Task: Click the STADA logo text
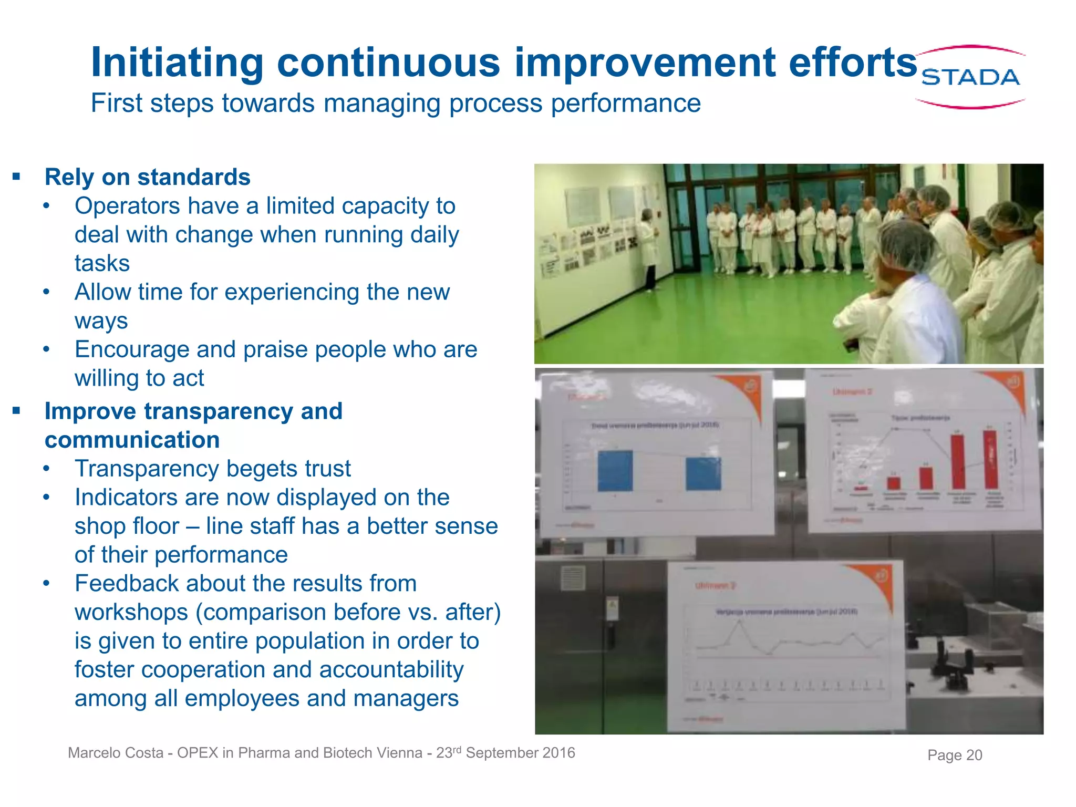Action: (x=970, y=78)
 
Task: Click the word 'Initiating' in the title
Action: (x=177, y=63)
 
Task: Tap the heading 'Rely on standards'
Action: (x=147, y=177)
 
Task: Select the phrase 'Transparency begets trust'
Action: (x=212, y=469)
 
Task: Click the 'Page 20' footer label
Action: (x=954, y=755)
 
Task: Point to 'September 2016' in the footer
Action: (x=520, y=753)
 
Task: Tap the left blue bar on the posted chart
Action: (x=615, y=471)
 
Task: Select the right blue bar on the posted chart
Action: (x=703, y=474)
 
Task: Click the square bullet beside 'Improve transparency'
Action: (x=16, y=410)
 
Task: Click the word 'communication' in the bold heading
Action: (x=132, y=440)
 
